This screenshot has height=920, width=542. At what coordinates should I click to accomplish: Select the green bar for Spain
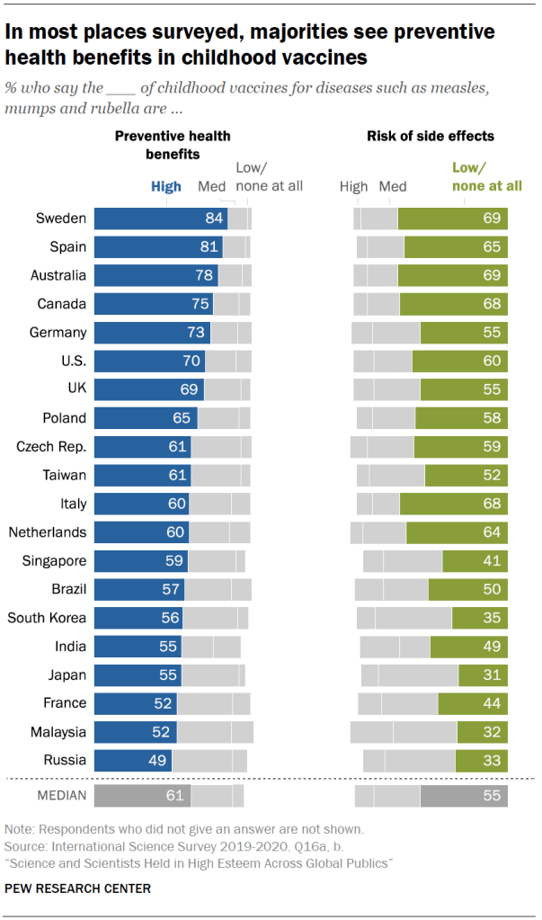[456, 246]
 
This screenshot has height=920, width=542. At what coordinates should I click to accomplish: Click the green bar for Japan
[483, 675]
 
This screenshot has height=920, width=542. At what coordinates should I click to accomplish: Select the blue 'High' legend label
[165, 187]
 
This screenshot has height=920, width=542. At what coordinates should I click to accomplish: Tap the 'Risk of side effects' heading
[430, 137]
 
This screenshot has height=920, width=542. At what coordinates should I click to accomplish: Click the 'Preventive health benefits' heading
[173, 145]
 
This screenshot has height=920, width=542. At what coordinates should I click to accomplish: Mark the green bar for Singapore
[475, 561]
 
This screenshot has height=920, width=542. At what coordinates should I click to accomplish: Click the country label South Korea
[47, 618]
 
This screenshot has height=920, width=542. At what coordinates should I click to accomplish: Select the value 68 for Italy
[491, 504]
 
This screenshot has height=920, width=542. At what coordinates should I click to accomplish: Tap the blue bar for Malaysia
[135, 732]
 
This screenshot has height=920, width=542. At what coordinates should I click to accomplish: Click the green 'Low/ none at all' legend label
[479, 177]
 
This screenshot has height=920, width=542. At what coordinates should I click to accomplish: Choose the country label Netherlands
[48, 532]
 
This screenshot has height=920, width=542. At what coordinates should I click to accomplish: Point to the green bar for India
[468, 647]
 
